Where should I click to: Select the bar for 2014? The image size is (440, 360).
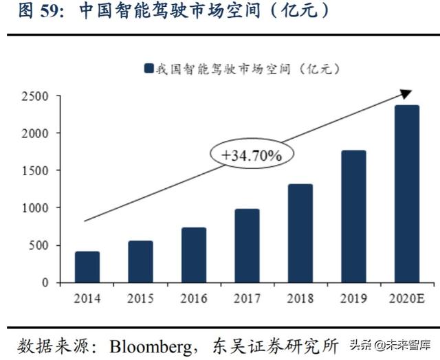pyautogui.click(x=87, y=267)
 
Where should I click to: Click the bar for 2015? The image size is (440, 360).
pyautogui.click(x=140, y=261)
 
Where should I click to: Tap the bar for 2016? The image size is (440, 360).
pyautogui.click(x=193, y=255)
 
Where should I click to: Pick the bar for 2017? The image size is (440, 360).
pyautogui.click(x=247, y=245)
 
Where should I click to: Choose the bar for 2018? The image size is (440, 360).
pyautogui.click(x=300, y=233)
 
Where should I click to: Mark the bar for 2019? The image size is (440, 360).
pyautogui.click(x=353, y=216)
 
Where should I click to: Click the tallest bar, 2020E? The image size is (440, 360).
pyautogui.click(x=406, y=194)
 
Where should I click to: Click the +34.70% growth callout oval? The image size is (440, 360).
pyautogui.click(x=252, y=155)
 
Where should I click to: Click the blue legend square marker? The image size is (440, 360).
pyautogui.click(x=148, y=68)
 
